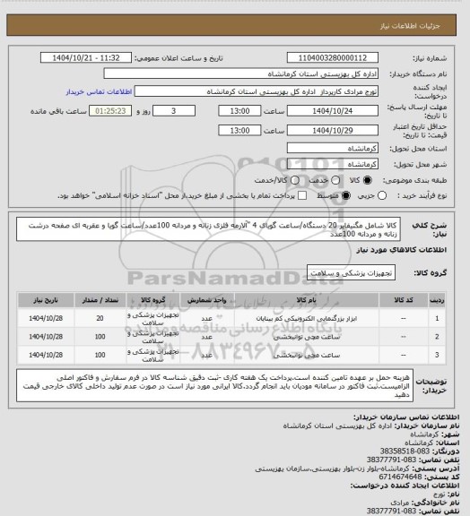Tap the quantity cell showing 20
coord(99,318)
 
